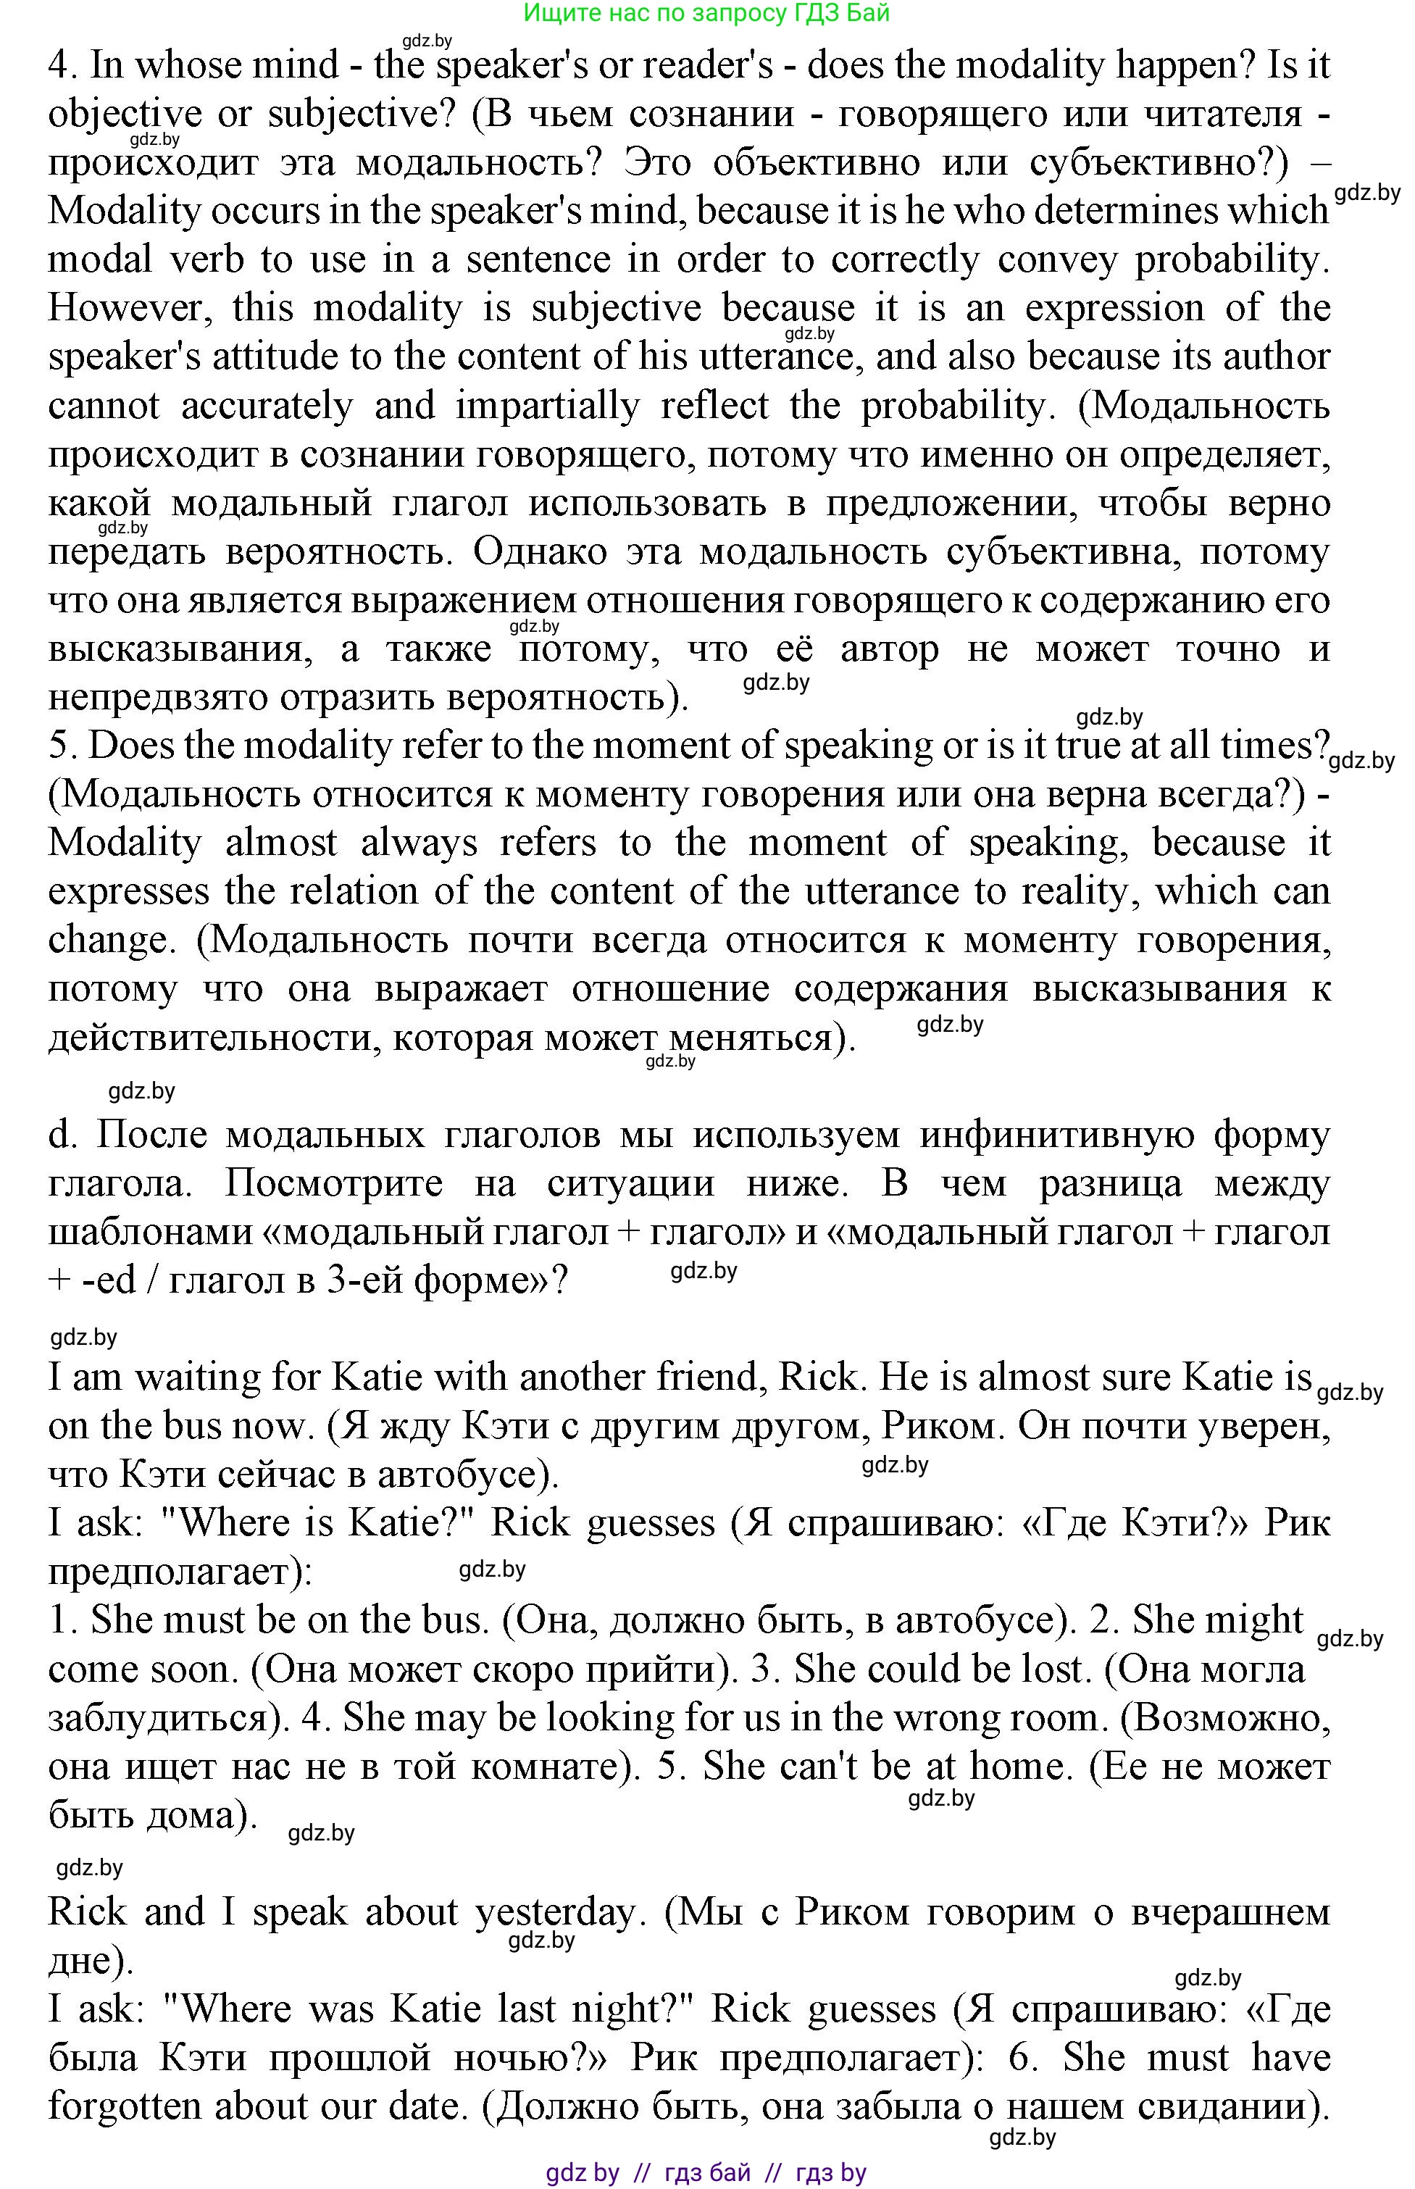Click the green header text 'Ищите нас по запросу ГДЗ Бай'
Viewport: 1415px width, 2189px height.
706,13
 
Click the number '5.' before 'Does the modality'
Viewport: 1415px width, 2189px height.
64,746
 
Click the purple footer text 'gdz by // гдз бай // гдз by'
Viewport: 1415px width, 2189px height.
706,2172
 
